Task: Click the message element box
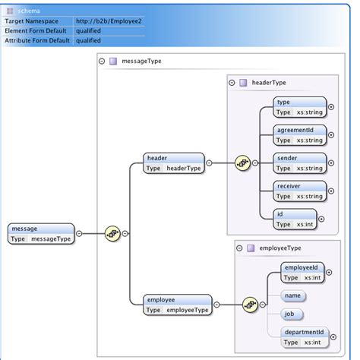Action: (x=41, y=233)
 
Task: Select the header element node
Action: (x=174, y=163)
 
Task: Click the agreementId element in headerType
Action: (x=300, y=135)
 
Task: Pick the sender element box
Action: (x=300, y=163)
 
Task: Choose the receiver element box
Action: (x=300, y=191)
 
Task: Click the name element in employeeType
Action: (x=293, y=294)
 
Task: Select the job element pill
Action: (x=292, y=314)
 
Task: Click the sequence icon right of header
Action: (x=242, y=163)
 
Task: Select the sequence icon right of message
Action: (x=112, y=233)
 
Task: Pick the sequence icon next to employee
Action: (x=250, y=305)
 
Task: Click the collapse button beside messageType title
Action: (x=102, y=62)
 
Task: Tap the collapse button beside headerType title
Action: (x=232, y=82)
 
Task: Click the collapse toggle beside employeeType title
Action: (x=240, y=248)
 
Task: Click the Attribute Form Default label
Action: (x=37, y=41)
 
